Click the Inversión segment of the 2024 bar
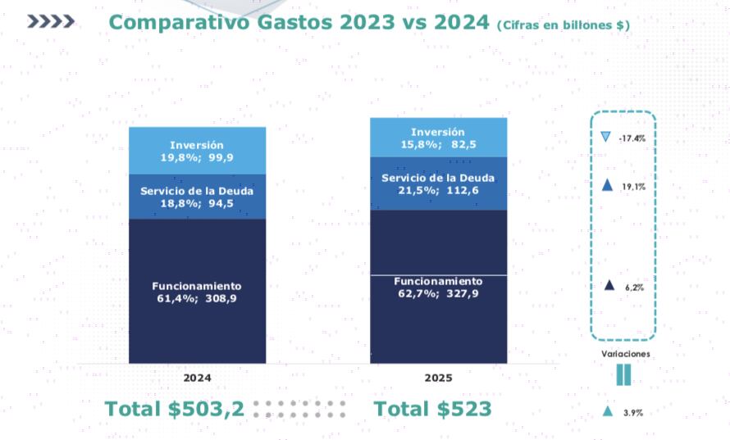pos(197,151)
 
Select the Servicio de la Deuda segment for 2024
pos(197,197)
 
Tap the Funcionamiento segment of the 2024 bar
pos(197,291)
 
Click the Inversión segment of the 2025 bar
pos(438,138)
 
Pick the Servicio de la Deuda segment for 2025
pos(438,184)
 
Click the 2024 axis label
pos(197,378)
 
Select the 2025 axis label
pos(438,378)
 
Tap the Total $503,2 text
pos(174,409)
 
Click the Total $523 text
pos(432,409)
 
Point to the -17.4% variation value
pos(632,138)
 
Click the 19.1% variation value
pos(632,187)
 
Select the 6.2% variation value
pos(633,288)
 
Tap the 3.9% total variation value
pos(632,413)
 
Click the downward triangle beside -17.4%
pos(605,137)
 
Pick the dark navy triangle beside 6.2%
pos(609,285)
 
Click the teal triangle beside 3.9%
pos(607,411)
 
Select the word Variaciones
pos(625,354)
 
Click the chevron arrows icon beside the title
pos(51,22)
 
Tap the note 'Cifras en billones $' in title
pos(563,25)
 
